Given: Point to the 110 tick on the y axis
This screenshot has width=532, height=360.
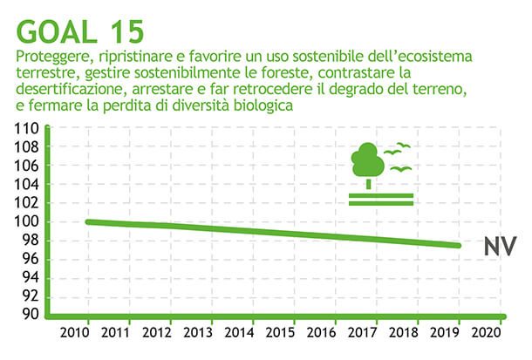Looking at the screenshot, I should [27, 129].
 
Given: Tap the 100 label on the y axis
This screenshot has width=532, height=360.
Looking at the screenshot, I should [27, 221].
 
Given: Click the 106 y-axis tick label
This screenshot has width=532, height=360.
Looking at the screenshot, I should [27, 166].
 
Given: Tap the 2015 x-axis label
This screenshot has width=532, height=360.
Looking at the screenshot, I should [282, 333].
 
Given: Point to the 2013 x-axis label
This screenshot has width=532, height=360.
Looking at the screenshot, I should [199, 333].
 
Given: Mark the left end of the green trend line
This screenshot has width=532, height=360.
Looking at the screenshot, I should [87, 221].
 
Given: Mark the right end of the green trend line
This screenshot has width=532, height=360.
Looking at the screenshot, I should [460, 245].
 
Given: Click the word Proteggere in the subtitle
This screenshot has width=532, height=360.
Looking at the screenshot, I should [52, 58].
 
